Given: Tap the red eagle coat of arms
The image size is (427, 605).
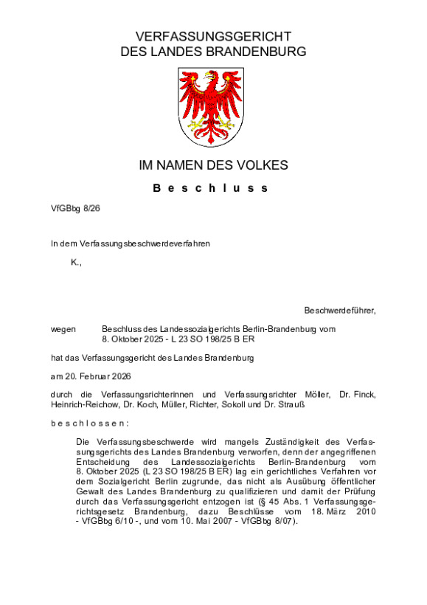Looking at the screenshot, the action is pyautogui.click(x=213, y=106).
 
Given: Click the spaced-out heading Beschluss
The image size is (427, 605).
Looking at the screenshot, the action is pyautogui.click(x=211, y=188).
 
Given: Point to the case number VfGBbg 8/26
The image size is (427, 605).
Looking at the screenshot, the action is pyautogui.click(x=75, y=209).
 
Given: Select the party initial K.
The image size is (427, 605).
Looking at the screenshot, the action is pyautogui.click(x=75, y=263).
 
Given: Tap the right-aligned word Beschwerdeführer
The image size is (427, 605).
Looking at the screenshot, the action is pyautogui.click(x=339, y=311).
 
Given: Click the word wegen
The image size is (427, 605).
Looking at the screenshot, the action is pyautogui.click(x=63, y=330).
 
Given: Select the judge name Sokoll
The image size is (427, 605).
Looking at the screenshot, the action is pyautogui.click(x=235, y=404).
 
